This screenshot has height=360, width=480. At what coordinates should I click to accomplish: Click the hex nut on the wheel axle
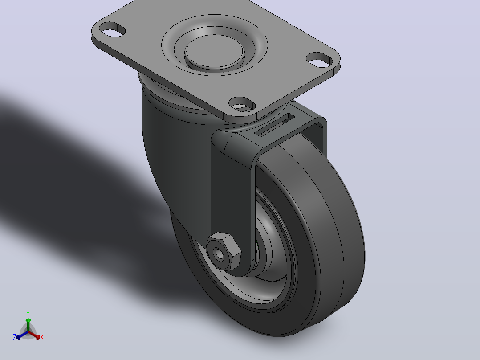pos(224,251)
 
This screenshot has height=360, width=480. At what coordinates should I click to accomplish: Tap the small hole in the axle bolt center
pos(219,254)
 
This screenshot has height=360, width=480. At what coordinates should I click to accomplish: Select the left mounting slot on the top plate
pos(112,29)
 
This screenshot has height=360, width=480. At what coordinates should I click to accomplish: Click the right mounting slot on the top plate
pos(320,60)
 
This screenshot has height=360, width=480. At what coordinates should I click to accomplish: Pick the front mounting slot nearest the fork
pos(242,104)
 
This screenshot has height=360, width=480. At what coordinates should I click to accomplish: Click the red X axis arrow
pos(34,335)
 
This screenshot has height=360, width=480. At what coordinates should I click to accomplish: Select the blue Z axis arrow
pos(22,335)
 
